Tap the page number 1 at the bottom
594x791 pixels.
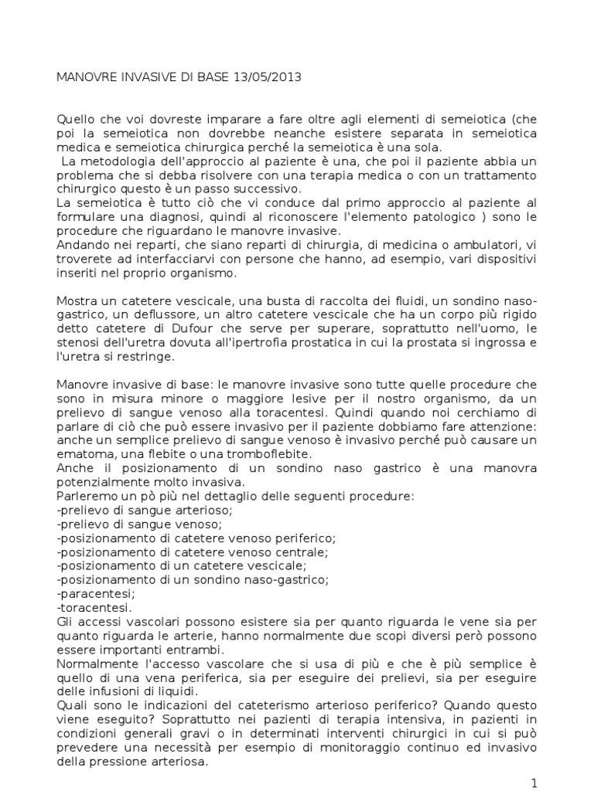coord(534,783)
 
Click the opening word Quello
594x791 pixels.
coord(78,119)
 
